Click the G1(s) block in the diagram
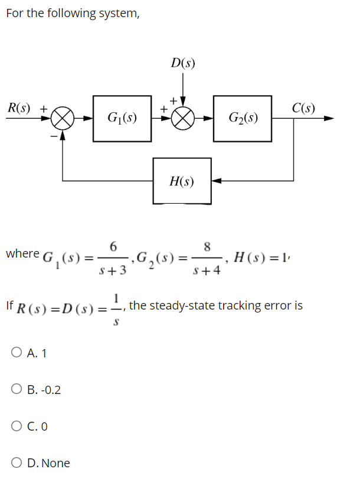coord(123,118)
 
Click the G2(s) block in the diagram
coord(242,118)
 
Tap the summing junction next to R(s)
coord(63,118)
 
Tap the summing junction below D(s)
coord(183,118)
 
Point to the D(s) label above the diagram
coord(184,62)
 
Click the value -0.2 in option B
coord(50,390)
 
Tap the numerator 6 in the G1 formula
coord(113,245)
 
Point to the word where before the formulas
coord(22,253)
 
